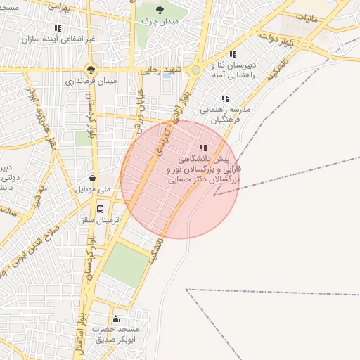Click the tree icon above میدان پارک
point(160,10)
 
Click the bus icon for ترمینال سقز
point(100,209)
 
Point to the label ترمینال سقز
point(101,221)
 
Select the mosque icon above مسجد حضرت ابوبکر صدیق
point(115,319)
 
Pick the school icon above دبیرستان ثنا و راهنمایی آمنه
point(233,54)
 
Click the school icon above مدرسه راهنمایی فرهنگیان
point(225,99)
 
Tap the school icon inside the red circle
point(203,148)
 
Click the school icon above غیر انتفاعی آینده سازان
point(58,29)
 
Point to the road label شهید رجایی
point(162,70)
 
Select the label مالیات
point(307,16)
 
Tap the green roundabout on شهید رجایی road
point(195,70)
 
